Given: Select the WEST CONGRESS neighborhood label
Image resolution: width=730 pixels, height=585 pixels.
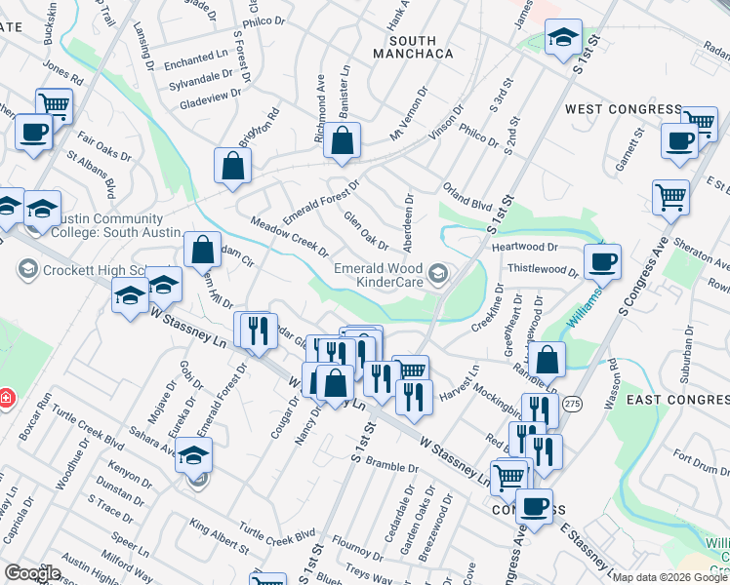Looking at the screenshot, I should [623, 108].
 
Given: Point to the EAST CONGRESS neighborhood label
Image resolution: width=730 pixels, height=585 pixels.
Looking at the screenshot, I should [677, 401].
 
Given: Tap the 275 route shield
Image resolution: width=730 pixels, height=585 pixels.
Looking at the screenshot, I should [571, 403].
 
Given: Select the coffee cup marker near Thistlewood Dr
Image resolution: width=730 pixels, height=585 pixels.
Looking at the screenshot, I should [602, 261].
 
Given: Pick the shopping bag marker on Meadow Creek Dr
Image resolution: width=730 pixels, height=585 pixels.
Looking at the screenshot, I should [202, 250].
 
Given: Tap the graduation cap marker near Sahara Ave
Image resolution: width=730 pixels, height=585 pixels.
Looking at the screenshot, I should [194, 453].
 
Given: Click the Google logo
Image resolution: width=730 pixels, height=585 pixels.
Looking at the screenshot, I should [31, 573].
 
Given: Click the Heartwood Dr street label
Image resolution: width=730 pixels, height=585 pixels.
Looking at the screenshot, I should [524, 248].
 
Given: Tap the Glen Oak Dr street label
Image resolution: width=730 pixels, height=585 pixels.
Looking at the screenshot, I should [366, 229].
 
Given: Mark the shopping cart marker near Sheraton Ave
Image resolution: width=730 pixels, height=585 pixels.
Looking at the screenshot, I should [670, 196].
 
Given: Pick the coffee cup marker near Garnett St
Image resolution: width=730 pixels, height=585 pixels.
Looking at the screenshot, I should [679, 140].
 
